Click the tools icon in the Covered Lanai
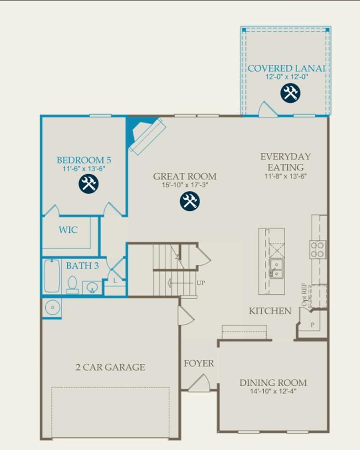pos(290,93)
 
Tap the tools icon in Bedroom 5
pos(89,183)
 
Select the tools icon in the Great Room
pos(190,201)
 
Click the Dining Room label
pos(273,382)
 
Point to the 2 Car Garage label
pos(110,367)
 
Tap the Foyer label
pos(199,363)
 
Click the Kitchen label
pos(270,311)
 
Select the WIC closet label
pos(68,230)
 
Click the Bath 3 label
pos(82,266)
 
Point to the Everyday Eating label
pos(285,162)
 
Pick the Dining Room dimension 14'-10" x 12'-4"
pos(273,391)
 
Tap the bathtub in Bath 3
pos(51,276)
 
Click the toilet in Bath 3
pos(72,285)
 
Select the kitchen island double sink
pos(275,268)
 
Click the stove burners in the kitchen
pos(318,249)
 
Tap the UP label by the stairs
pos(201,282)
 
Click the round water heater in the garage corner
pos(51,307)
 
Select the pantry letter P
pos(312,325)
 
